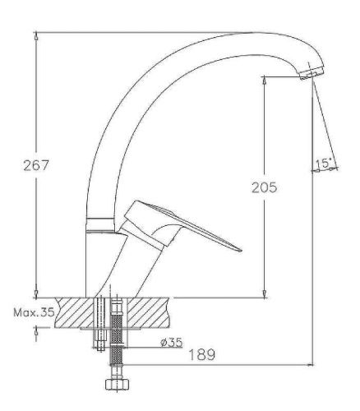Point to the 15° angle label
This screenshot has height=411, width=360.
pyautogui.click(x=324, y=164)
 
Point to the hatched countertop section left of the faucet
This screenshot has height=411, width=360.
pyautogui.click(x=69, y=312)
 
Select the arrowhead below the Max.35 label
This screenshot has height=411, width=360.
pyautogui.click(x=37, y=331)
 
